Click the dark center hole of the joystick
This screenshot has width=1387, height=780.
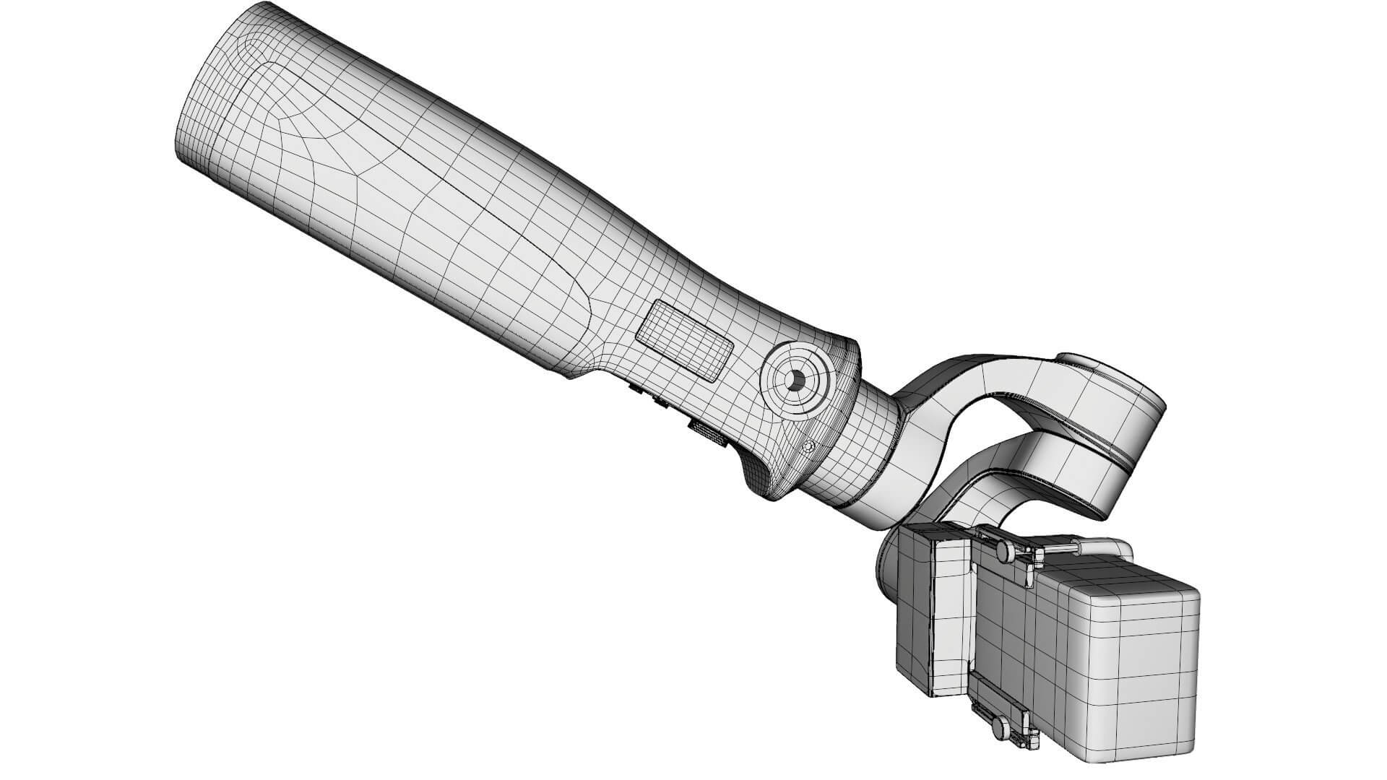[795, 381]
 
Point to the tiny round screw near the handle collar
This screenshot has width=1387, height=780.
[810, 447]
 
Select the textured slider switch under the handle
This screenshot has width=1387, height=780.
[708, 434]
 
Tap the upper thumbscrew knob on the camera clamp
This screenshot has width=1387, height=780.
[1005, 551]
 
